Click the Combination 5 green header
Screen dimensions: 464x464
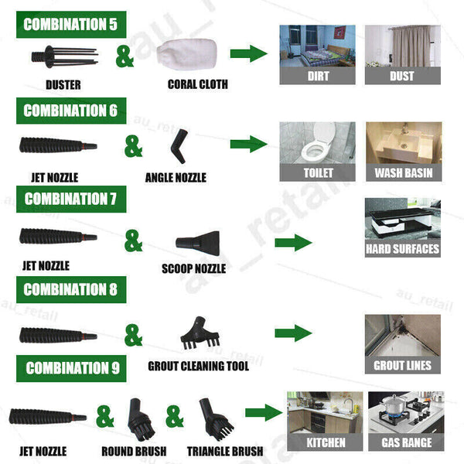[70, 24]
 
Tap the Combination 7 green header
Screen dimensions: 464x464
[70, 199]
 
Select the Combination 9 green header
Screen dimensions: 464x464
[73, 367]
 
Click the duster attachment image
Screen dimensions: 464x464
[63, 56]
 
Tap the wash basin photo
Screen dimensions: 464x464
[403, 143]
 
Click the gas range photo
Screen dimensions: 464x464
[405, 414]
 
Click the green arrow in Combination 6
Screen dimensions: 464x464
[248, 144]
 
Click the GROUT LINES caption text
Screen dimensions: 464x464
[403, 365]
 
